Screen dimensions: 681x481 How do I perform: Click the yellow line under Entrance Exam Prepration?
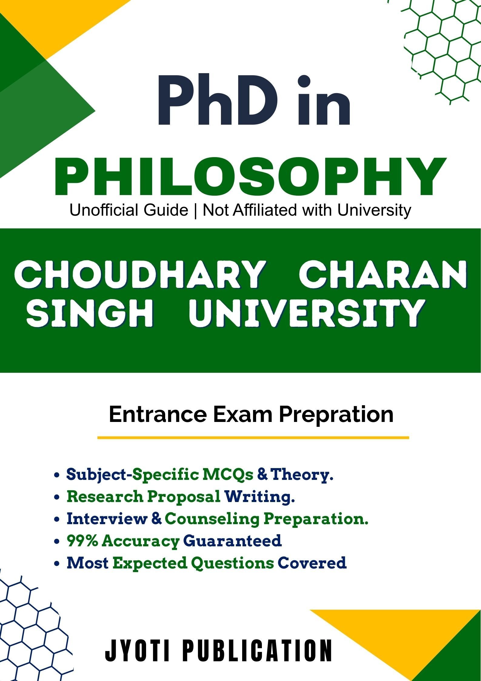point(253,438)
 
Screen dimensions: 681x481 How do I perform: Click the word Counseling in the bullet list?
point(212,519)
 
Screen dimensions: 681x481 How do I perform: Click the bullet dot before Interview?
point(56,520)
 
